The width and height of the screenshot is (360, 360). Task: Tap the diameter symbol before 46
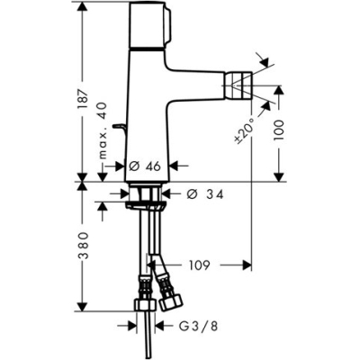tap(133, 166)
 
